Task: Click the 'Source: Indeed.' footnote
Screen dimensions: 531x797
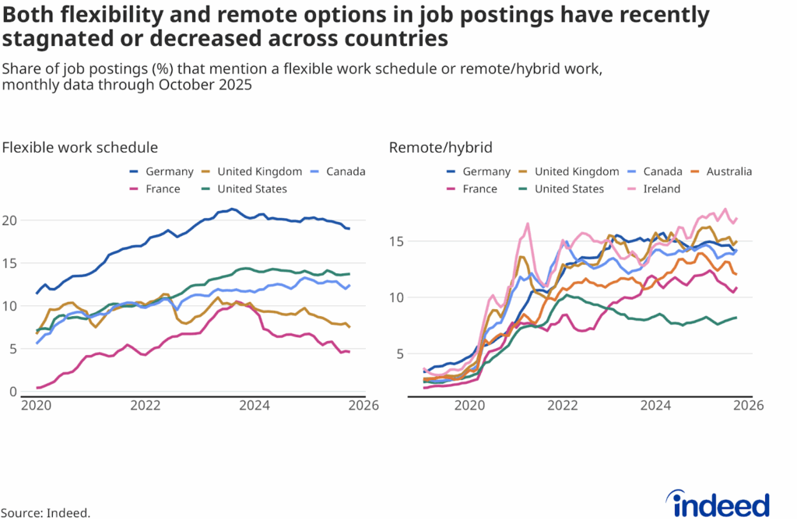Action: [45, 512]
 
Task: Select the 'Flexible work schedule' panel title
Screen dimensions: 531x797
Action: [80, 147]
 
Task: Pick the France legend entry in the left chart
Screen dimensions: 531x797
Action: [156, 188]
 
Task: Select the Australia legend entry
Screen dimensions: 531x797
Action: [722, 171]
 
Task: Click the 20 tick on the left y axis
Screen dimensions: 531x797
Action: [11, 220]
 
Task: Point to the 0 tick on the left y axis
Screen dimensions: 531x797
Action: [13, 392]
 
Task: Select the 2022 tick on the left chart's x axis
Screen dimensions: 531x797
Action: [146, 406]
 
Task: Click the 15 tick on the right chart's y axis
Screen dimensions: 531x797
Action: [396, 241]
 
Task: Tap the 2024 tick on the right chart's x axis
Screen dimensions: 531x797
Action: [655, 406]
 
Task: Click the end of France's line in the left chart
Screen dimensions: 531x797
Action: [349, 352]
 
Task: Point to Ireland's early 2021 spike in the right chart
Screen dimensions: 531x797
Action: [528, 224]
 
